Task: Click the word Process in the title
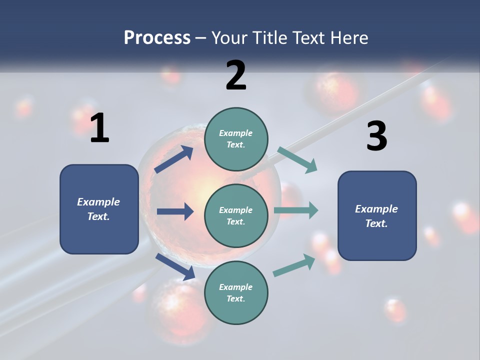pos(157,38)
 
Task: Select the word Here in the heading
pos(348,38)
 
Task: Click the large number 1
pos(99,128)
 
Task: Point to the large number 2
pos(236,75)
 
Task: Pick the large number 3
pos(376,136)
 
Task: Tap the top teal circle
pos(236,139)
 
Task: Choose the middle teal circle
pos(236,215)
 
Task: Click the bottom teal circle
pos(236,292)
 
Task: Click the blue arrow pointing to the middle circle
pos(175,211)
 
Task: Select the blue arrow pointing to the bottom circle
pos(175,266)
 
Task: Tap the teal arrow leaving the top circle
pos(297,159)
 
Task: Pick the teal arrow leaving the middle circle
pos(296,210)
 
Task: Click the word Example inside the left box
pos(98,202)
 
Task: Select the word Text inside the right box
pos(376,223)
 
